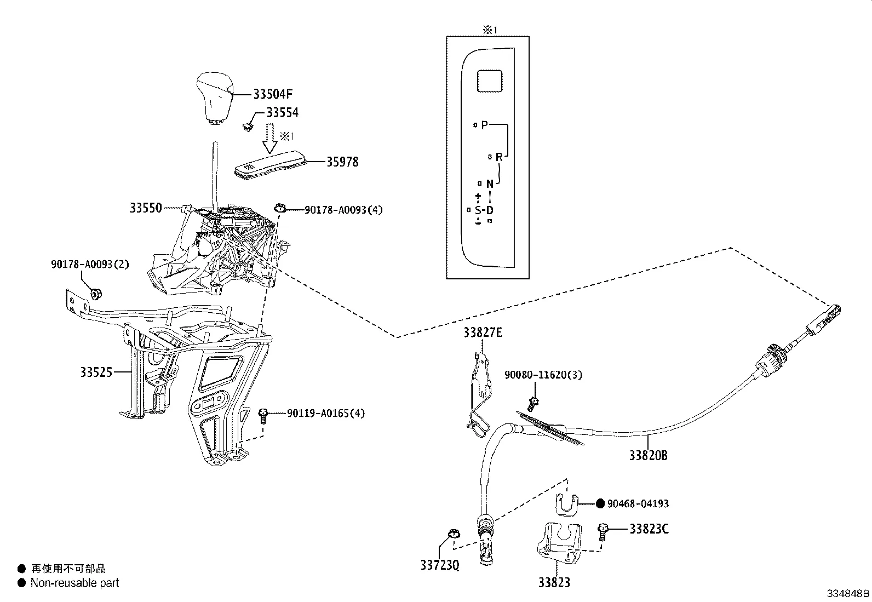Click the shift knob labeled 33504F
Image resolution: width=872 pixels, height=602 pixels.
coord(213,96)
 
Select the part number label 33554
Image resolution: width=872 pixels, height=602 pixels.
coord(282,113)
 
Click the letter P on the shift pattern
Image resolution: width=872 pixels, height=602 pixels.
coord(484,125)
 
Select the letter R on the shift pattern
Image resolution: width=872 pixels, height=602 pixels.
coord(498,157)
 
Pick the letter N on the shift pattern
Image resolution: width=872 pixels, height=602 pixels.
coord(490,184)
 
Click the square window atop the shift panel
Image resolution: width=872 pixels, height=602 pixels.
coord(490,81)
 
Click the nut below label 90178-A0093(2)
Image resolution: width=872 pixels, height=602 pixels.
coord(95,294)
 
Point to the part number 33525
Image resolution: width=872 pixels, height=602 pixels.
coord(96,372)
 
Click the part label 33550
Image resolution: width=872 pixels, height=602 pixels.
coord(146,208)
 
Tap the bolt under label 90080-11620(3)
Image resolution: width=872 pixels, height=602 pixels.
coord(532,404)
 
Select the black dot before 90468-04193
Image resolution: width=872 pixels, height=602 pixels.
coord(600,503)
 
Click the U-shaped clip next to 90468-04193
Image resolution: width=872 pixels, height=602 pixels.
coord(567,504)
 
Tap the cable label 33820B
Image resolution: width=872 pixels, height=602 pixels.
coord(648,455)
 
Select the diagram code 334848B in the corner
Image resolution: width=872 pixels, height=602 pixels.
coord(848,593)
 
